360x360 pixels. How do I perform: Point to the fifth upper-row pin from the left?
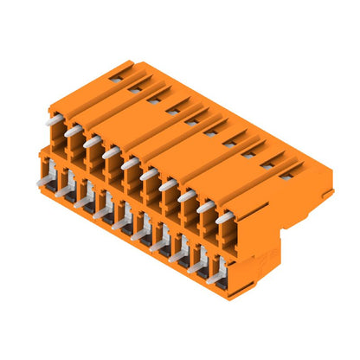tap(130, 163)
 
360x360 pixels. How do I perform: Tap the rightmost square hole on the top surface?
tap(286, 170)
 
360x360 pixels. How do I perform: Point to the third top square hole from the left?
tap(153, 99)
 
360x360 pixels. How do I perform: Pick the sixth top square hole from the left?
tap(210, 129)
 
